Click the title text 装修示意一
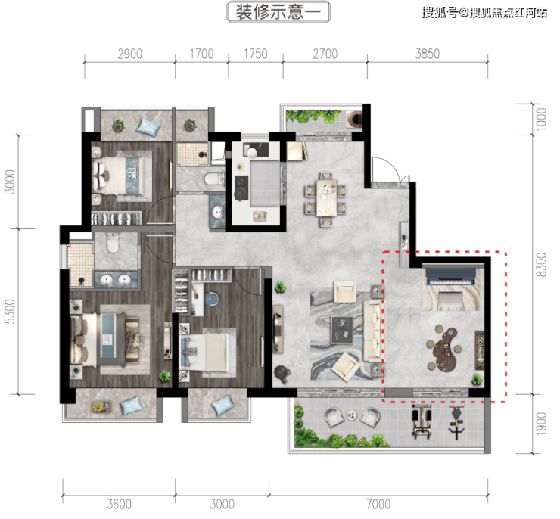pos(278,12)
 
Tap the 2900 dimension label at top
pos(130,54)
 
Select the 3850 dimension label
pos(427,54)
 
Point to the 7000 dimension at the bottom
pos(378,504)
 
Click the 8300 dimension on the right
pos(541,264)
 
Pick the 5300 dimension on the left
pos(12,311)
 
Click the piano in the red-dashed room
pos(450,277)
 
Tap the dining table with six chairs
pos(325,198)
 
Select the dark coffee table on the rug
pos(342,330)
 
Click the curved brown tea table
pos(445,348)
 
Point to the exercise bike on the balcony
pos(456,422)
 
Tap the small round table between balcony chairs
pos(351,415)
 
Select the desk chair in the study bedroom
pos(212,299)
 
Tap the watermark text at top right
pos(484,13)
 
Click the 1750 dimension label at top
pos(255,54)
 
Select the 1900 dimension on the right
pos(541,424)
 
